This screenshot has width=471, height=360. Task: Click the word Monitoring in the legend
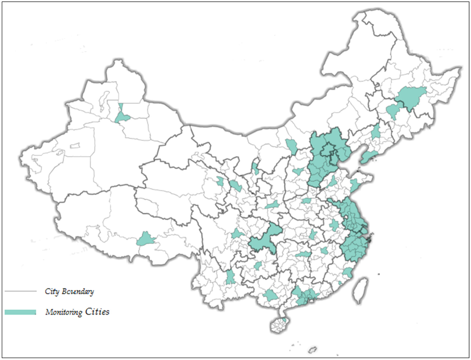(x=64, y=312)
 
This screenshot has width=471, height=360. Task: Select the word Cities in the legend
(x=97, y=312)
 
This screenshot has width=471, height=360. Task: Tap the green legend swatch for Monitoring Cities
(x=20, y=312)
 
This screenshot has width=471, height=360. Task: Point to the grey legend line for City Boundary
(x=20, y=291)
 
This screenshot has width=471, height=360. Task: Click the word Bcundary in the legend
(x=77, y=291)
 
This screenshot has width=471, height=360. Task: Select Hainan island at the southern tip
(x=279, y=325)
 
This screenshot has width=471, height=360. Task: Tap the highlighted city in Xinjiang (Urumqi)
(x=122, y=116)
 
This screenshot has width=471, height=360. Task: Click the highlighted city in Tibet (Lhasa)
(x=146, y=239)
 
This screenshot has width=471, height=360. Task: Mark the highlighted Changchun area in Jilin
(x=393, y=111)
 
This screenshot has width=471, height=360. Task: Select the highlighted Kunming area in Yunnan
(x=230, y=277)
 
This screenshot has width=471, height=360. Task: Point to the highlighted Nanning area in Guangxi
(x=270, y=295)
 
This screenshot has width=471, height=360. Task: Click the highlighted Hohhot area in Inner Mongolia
(x=291, y=146)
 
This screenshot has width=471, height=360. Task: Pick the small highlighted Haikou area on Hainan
(x=284, y=319)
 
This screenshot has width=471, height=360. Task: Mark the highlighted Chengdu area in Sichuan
(x=237, y=234)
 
